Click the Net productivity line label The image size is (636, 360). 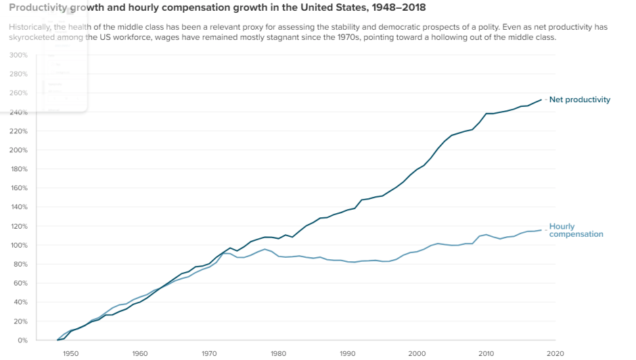(x=579, y=99)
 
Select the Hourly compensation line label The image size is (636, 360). (x=576, y=230)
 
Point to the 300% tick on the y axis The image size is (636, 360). (x=19, y=55)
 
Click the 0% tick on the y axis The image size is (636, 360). (x=22, y=340)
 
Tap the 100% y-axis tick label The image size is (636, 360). (x=19, y=245)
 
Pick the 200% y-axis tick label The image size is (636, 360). (x=19, y=150)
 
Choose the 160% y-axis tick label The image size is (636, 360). (x=19, y=188)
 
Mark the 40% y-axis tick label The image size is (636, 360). (x=20, y=302)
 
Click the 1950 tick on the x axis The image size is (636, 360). (x=70, y=353)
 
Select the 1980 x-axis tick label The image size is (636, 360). (x=278, y=353)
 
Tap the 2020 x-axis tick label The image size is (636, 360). (x=555, y=353)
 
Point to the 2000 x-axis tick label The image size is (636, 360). (x=417, y=353)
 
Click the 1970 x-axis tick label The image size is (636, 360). (x=209, y=353)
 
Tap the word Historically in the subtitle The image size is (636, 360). (x=30, y=26)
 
